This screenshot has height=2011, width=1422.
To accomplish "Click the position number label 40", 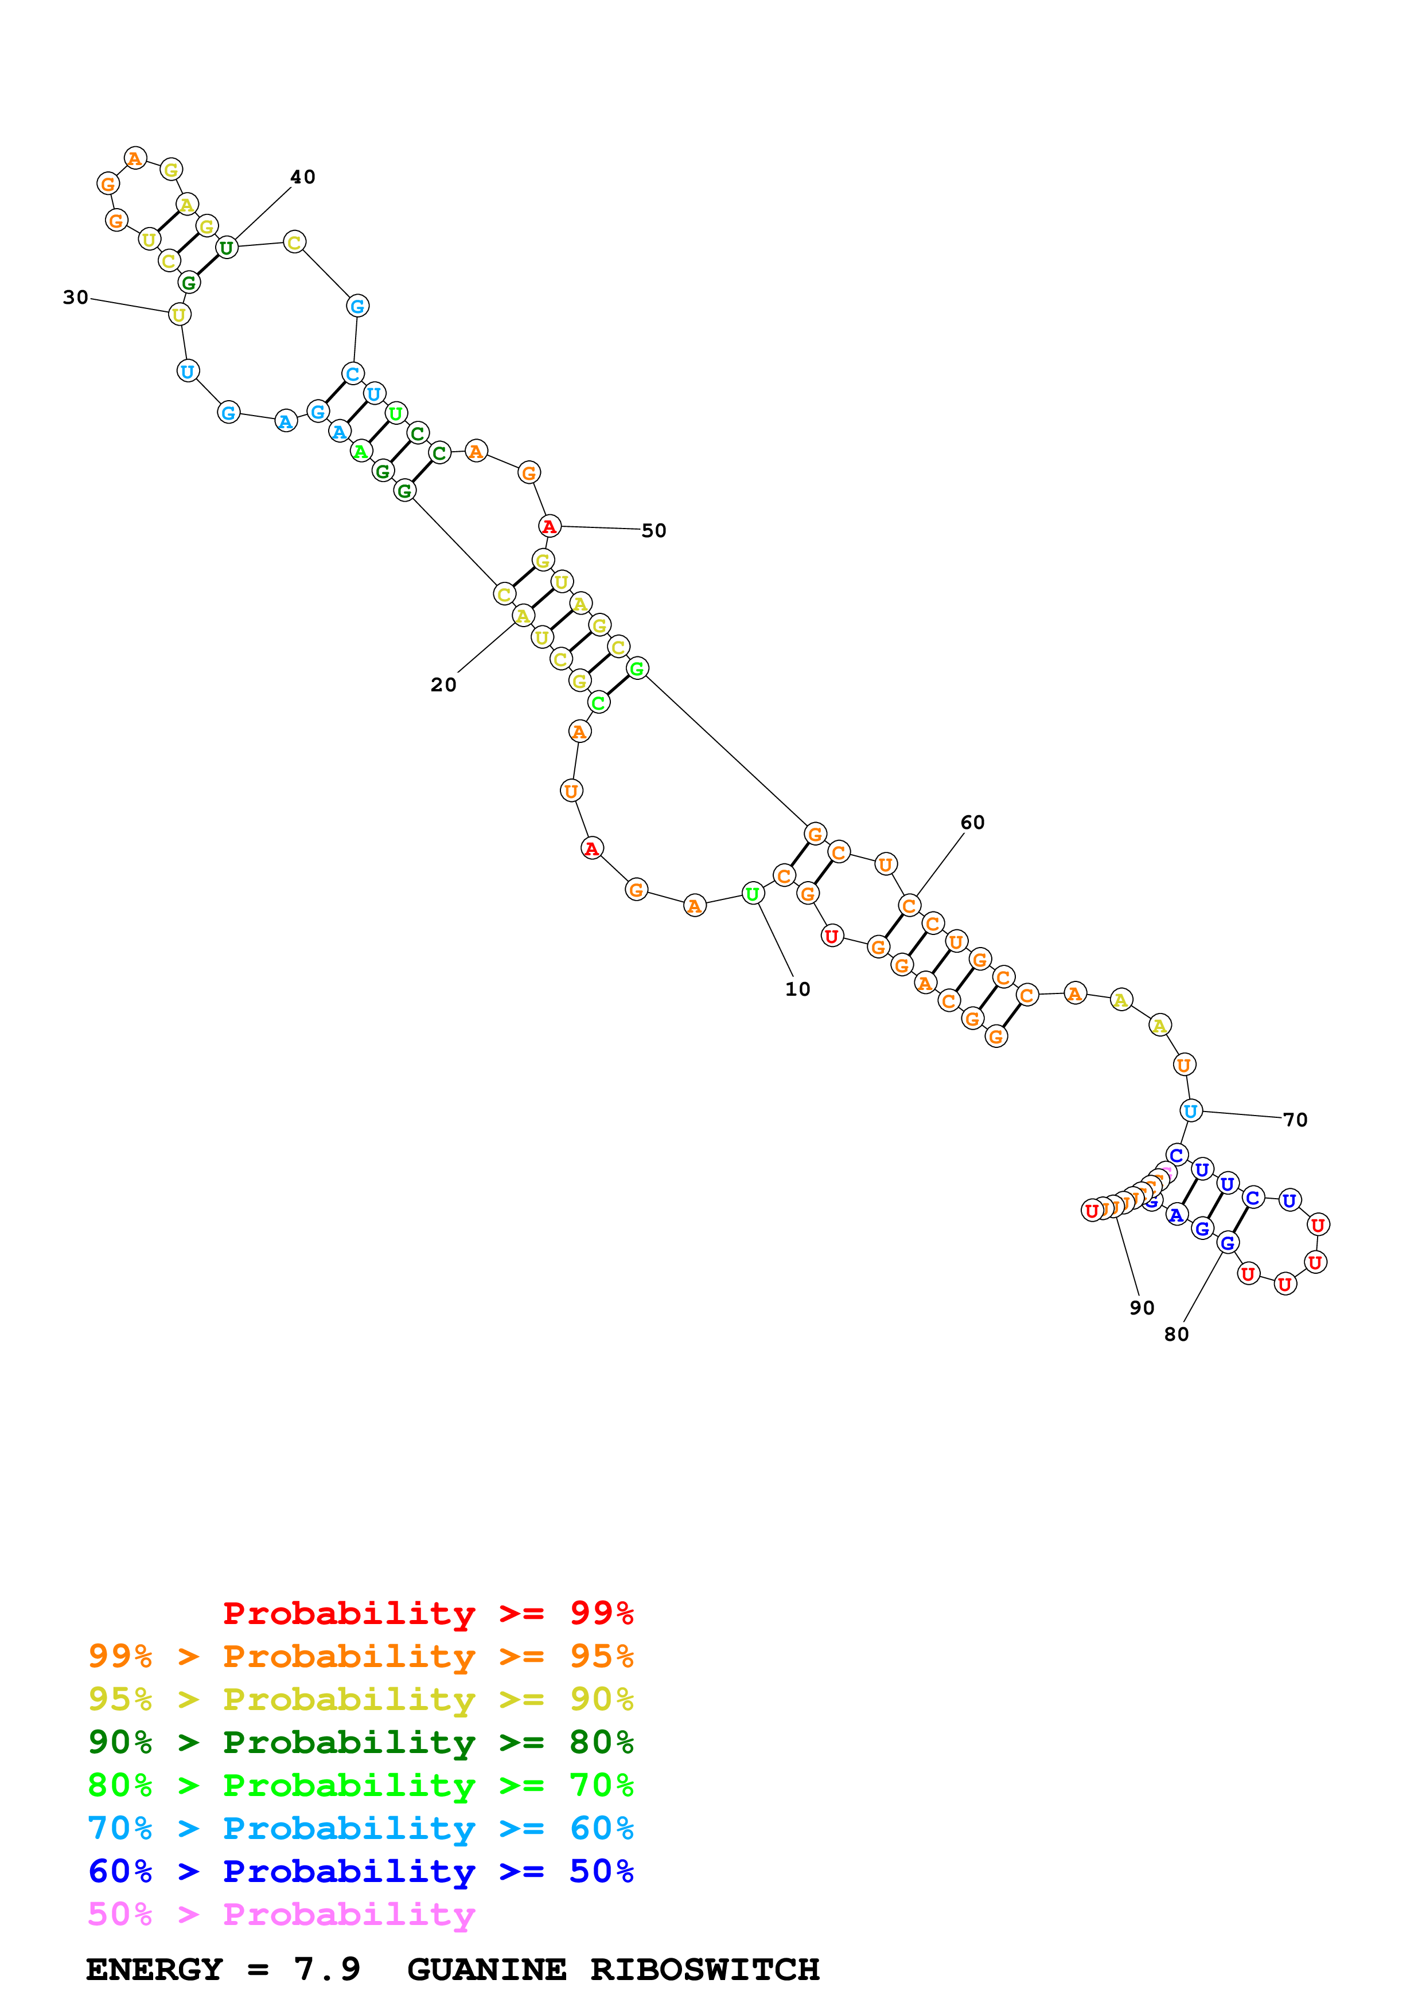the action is (302, 177).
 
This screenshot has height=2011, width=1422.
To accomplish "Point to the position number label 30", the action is (75, 298).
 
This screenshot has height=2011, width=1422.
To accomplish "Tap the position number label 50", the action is (653, 531).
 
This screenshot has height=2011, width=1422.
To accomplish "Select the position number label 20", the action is (443, 685).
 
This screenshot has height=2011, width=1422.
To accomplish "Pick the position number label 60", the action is (972, 823).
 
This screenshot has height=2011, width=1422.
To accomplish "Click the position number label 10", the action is (797, 989).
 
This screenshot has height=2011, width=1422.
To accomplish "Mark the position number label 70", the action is (1295, 1120).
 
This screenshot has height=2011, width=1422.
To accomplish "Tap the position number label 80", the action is (1176, 1334).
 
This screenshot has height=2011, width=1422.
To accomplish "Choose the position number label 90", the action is (1142, 1308).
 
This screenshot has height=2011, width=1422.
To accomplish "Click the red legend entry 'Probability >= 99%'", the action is (427, 1613).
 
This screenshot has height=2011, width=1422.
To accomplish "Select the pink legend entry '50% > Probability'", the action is (281, 1914).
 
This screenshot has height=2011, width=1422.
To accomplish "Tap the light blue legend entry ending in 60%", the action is (361, 1828).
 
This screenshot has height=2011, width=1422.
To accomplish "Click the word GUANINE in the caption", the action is (486, 1969).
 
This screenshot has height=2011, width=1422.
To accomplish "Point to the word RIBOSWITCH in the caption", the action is (704, 1969).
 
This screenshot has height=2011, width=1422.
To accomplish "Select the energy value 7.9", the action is (327, 1969).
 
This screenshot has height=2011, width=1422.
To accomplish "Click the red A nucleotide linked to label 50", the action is (550, 526).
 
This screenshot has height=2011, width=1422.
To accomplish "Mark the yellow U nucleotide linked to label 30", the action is (179, 315).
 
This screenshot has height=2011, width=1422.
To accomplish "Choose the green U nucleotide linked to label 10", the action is (752, 893).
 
